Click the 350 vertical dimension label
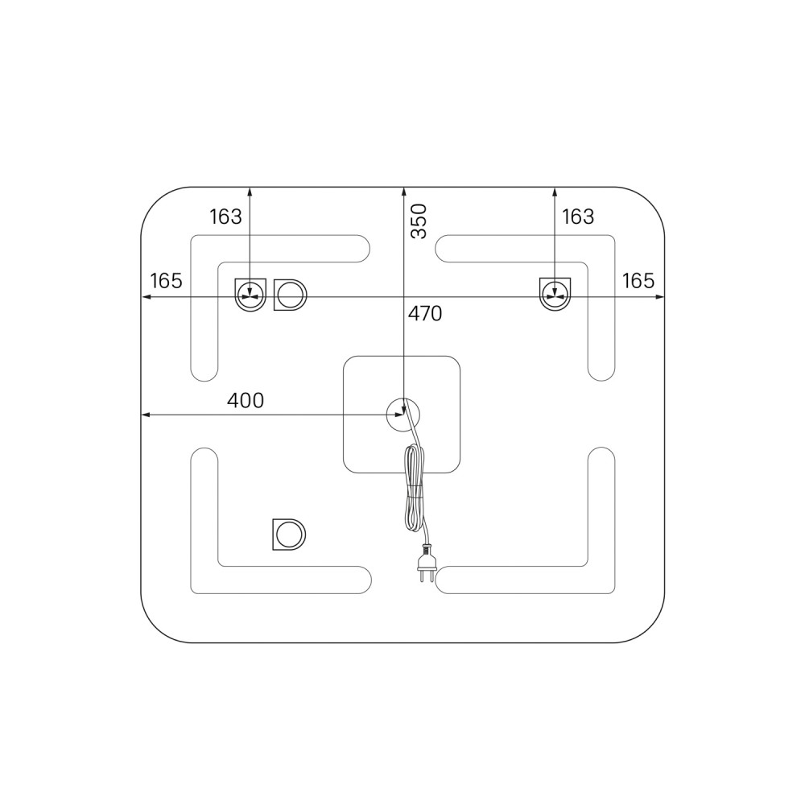419,221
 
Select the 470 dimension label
425,313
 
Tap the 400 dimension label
246,400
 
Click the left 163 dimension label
225,217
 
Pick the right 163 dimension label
578,217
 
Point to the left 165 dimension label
167,281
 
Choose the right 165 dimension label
638,281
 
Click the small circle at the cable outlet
403,415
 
